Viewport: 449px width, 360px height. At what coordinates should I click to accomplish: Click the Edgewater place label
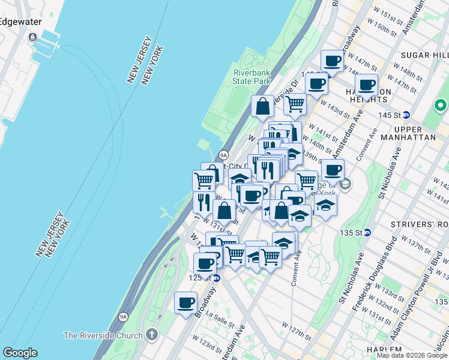click(20, 22)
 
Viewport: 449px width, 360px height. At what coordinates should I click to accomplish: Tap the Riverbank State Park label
click(252, 77)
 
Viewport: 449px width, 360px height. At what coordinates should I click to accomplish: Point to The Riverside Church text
click(103, 335)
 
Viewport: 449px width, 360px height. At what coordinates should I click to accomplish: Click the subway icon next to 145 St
click(406, 115)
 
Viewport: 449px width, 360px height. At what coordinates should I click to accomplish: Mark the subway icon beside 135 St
click(367, 232)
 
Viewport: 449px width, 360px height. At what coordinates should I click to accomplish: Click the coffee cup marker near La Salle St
click(186, 301)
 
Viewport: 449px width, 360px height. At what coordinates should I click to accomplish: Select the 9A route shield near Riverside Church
click(124, 316)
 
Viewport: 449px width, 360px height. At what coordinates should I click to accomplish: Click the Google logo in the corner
click(20, 353)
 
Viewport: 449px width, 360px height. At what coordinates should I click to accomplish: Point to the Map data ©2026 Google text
click(412, 355)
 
